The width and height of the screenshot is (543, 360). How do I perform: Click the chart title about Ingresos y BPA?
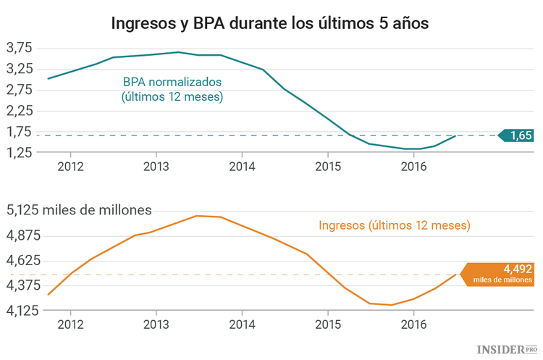click(269, 22)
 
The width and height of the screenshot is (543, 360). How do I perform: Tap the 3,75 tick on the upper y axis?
click(19, 49)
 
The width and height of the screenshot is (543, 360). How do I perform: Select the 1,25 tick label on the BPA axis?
click(19, 152)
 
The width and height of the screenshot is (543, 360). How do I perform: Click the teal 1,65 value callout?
click(518, 135)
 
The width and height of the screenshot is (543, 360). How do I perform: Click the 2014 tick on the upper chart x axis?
click(242, 166)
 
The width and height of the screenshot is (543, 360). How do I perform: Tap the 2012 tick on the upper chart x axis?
click(70, 166)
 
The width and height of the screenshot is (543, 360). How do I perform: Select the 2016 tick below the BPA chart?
click(413, 166)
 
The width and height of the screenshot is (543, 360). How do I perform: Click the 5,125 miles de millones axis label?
click(79, 211)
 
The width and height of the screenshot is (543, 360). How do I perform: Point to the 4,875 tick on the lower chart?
click(22, 235)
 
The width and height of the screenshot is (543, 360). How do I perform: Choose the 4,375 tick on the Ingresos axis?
click(22, 285)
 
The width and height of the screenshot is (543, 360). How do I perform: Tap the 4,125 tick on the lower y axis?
click(22, 310)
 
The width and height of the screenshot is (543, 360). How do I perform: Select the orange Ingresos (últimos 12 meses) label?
click(395, 225)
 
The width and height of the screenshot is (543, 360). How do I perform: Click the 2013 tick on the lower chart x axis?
click(156, 324)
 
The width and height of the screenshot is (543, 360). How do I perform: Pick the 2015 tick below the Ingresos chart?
click(327, 324)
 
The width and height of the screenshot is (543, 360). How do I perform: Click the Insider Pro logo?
click(506, 349)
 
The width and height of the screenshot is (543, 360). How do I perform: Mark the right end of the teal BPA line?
click(455, 135)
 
